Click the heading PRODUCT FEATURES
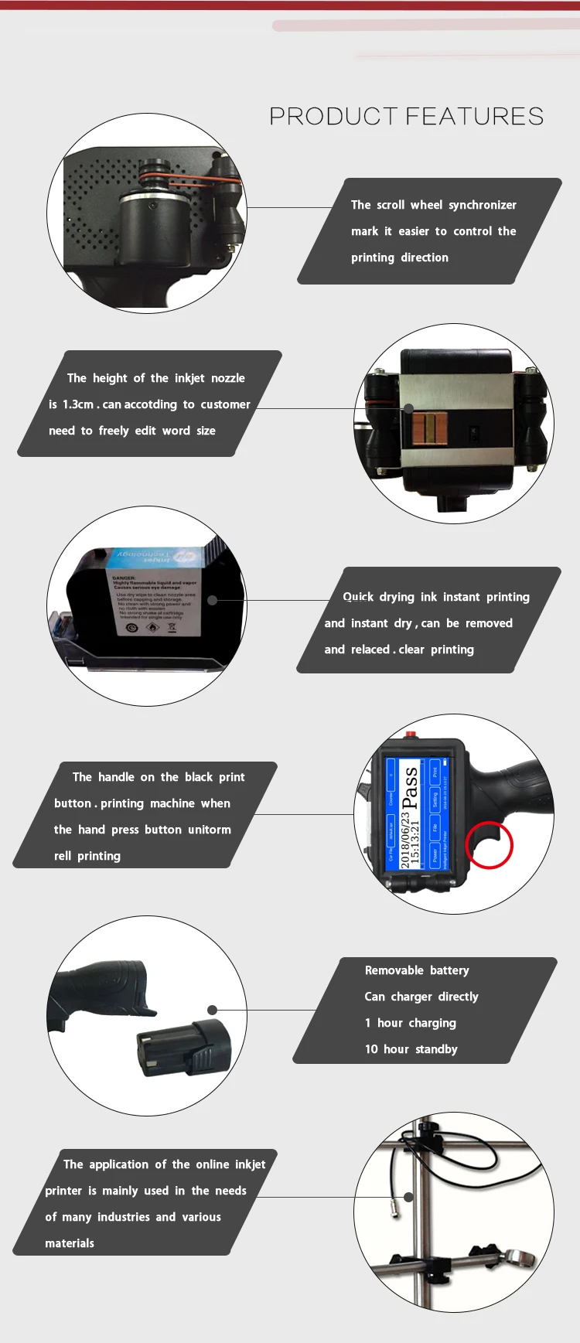(x=406, y=116)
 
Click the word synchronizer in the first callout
(x=483, y=205)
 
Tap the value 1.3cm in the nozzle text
(x=78, y=404)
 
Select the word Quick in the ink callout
(x=358, y=597)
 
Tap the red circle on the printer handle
(x=489, y=844)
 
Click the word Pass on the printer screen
(x=410, y=787)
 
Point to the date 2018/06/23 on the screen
(x=405, y=840)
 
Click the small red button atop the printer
(x=411, y=734)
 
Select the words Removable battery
(x=417, y=970)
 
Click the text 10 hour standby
(x=411, y=1049)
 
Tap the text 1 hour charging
(x=410, y=1023)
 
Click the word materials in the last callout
(x=70, y=1243)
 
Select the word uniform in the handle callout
(x=209, y=830)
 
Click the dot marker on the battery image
(x=212, y=1010)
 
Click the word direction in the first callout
(x=424, y=257)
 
